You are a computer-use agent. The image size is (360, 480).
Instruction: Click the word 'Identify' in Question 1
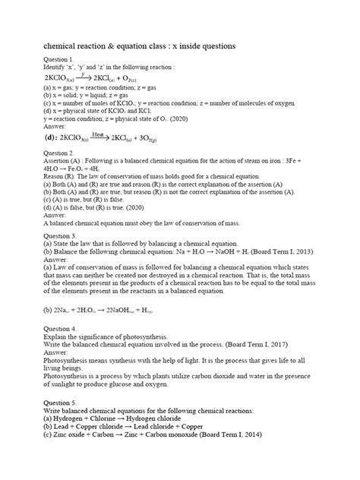point(58,68)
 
